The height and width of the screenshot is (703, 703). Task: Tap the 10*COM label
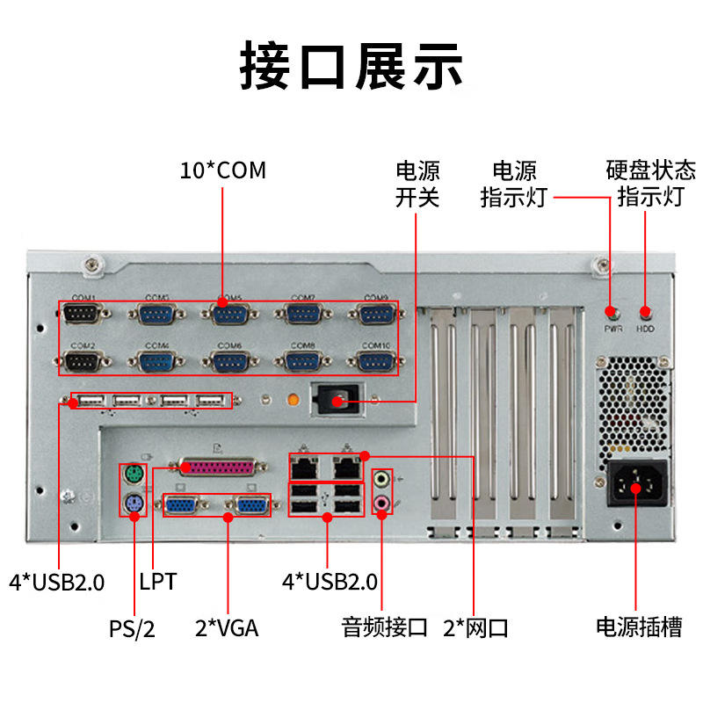coord(222,170)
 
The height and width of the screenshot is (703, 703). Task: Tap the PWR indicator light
coord(612,313)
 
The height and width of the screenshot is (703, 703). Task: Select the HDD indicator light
coord(646,313)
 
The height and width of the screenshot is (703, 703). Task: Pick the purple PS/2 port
coord(133,504)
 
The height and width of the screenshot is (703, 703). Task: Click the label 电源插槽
coord(638,627)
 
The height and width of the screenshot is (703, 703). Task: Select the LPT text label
coord(158,581)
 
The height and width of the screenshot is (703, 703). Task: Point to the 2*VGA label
coord(227,627)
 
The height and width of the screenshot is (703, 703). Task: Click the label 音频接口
coord(384,627)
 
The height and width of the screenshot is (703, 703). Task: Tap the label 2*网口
coord(475,627)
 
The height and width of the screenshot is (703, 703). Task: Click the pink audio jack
coord(382,504)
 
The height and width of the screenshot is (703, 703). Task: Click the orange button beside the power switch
coord(295,400)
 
